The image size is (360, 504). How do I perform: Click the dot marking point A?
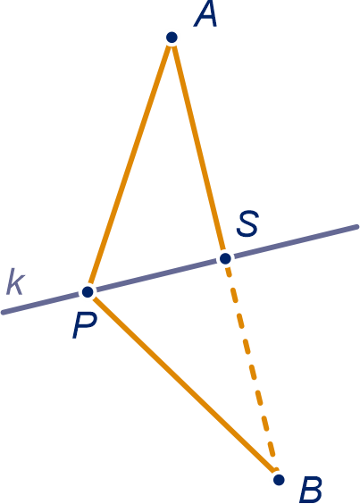172,38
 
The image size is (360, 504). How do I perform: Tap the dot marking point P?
88,292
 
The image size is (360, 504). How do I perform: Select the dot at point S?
225,258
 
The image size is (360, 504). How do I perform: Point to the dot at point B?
279,480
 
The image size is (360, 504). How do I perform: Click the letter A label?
205,15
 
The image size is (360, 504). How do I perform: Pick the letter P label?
84,326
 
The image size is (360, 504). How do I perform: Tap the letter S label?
247,223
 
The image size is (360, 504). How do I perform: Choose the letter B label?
311,491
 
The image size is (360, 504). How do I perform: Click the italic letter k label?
15,281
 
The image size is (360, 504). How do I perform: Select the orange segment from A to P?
130,164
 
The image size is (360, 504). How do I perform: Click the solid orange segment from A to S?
198,147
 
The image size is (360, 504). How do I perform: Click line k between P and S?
156,275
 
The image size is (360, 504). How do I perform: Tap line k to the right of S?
296,241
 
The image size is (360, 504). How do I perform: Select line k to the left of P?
41,303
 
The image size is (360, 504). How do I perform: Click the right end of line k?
356,227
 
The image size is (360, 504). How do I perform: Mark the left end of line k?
4,312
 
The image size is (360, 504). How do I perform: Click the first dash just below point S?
228,272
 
